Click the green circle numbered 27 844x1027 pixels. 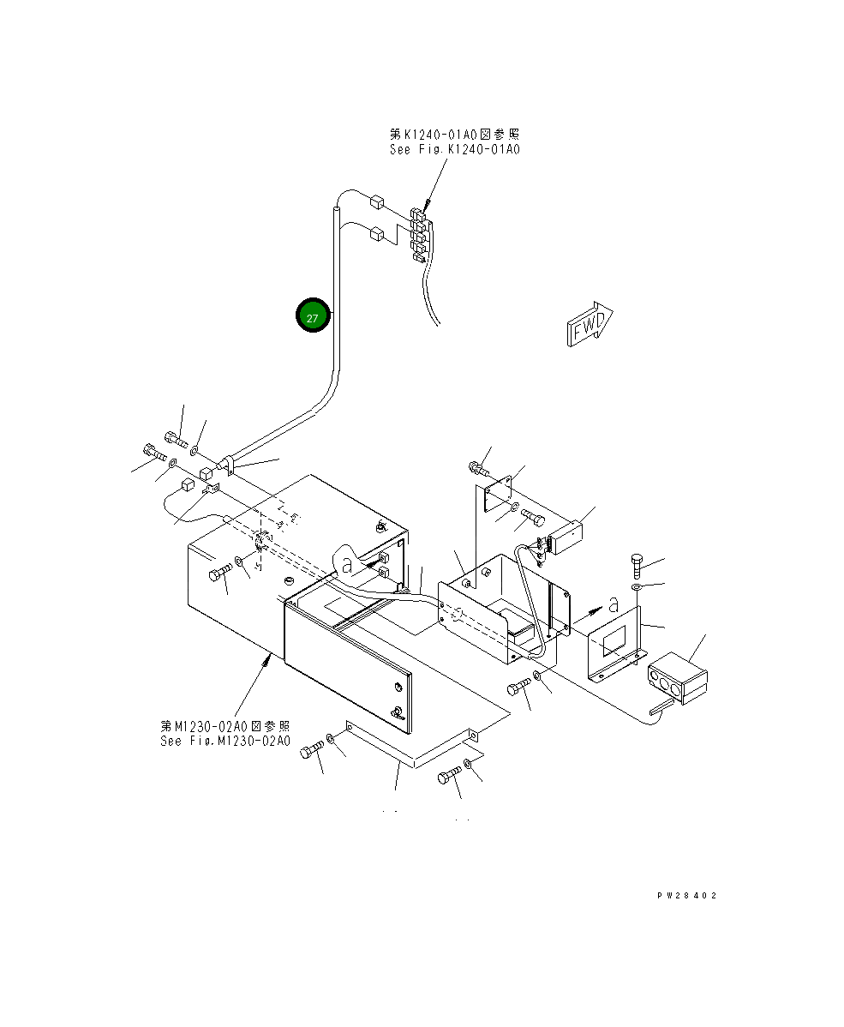pyautogui.click(x=313, y=317)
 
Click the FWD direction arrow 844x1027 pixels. pyautogui.click(x=590, y=324)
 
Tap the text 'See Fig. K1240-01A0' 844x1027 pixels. pyautogui.click(x=454, y=149)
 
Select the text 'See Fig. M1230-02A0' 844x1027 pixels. pyautogui.click(x=225, y=741)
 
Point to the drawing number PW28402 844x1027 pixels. pyautogui.click(x=686, y=896)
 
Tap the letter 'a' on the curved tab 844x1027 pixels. pyautogui.click(x=346, y=565)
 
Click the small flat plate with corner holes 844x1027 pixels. pyautogui.click(x=497, y=498)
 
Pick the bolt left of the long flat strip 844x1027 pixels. pyautogui.click(x=312, y=750)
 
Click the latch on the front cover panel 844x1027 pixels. pyautogui.click(x=397, y=711)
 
